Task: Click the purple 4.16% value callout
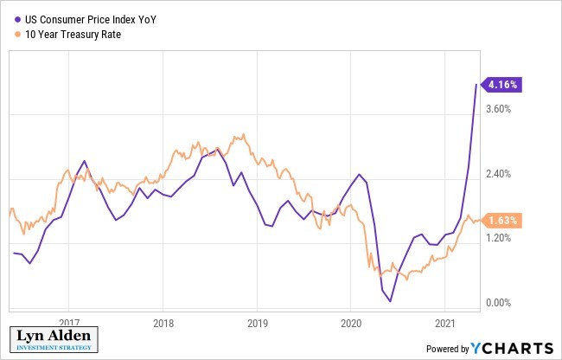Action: [503, 85]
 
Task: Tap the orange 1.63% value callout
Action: [503, 221]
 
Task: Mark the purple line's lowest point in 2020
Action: [390, 301]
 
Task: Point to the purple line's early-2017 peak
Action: [84, 161]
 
